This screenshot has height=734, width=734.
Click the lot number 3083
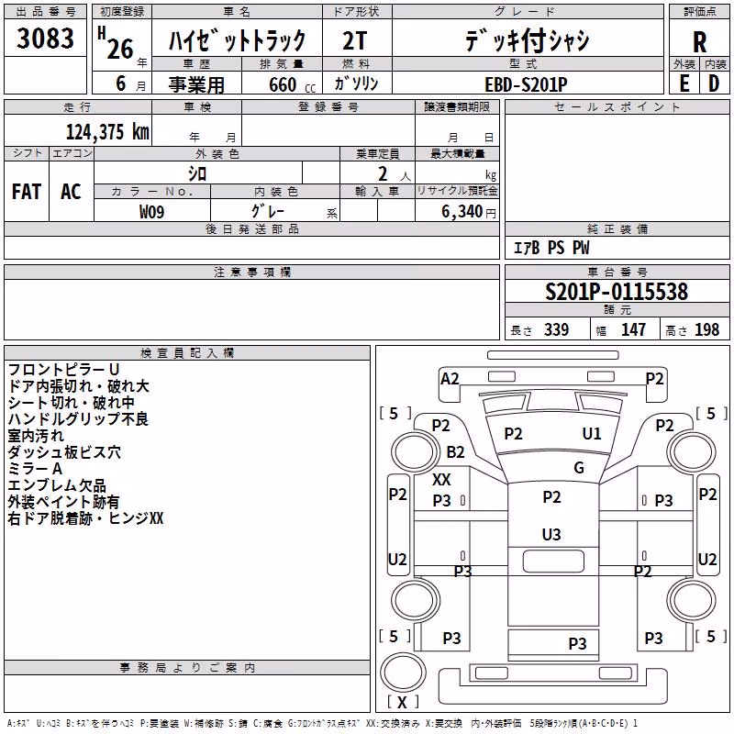45,39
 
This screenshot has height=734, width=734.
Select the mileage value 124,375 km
107,132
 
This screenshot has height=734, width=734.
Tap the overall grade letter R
699,42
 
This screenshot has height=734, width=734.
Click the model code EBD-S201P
526,84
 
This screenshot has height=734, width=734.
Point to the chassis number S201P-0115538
617,292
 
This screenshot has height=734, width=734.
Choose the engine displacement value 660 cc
292,85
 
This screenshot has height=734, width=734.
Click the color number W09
151,212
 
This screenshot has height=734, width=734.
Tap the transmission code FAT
27,192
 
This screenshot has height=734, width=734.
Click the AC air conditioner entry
71,192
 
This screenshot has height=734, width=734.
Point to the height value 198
706,330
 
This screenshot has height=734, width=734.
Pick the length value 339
556,330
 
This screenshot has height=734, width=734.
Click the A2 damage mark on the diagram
450,379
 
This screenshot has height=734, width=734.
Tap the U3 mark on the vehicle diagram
551,535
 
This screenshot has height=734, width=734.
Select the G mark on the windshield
579,468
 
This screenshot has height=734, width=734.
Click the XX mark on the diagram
441,479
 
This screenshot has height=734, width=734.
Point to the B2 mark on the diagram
455,452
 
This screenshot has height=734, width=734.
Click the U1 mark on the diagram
591,434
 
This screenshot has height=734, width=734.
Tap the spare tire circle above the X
403,673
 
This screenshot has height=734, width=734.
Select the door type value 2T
354,40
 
